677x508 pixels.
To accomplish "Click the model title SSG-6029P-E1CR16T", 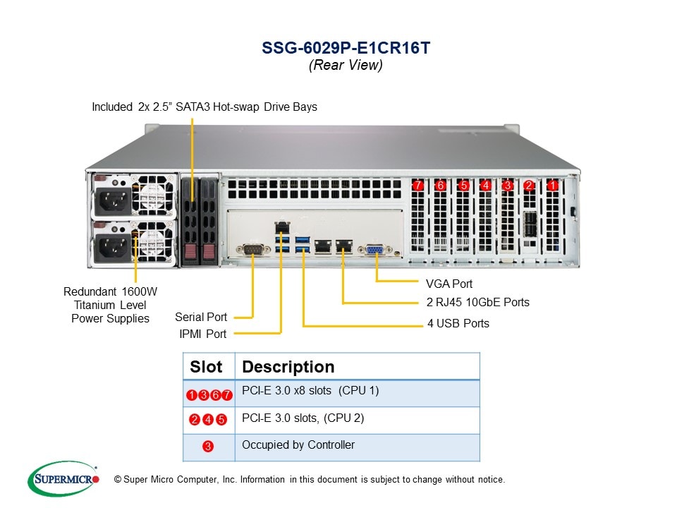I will (x=346, y=48).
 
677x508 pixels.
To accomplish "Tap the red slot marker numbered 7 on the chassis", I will (x=418, y=186).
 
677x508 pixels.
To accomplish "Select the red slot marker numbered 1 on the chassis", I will (x=553, y=186).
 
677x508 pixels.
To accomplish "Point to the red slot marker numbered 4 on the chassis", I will (x=485, y=186).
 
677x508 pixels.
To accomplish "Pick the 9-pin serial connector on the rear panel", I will (x=252, y=248).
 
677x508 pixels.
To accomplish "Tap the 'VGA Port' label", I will (x=449, y=284).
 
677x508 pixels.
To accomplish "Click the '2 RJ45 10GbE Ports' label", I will (x=477, y=303).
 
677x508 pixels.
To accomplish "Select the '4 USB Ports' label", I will (x=458, y=324).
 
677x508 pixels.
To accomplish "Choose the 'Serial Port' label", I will (x=201, y=317).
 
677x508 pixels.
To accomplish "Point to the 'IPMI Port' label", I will (x=202, y=334).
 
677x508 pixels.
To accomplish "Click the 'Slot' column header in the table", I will (x=206, y=367).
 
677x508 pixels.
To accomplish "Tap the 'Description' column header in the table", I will (x=288, y=367).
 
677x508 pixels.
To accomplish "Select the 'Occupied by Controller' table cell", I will (x=298, y=445).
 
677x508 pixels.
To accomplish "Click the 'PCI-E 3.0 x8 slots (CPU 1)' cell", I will (x=310, y=391).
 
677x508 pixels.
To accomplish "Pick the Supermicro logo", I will (x=63, y=478).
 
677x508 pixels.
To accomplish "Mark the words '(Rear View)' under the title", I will (x=346, y=65).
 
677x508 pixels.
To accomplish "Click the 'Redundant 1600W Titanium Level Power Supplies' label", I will (x=111, y=305).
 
